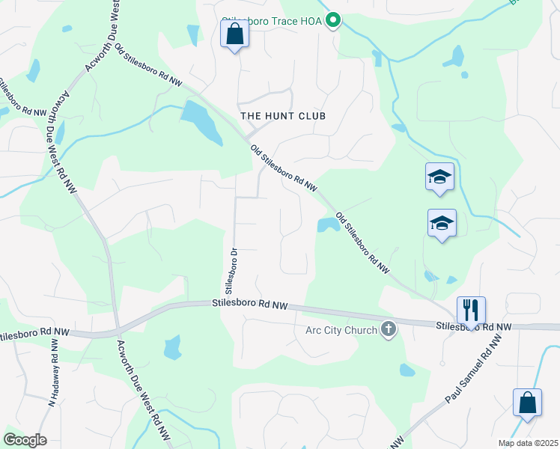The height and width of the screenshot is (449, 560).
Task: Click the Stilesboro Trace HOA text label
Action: (273, 22)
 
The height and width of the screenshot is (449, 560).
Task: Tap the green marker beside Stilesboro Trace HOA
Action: (335, 21)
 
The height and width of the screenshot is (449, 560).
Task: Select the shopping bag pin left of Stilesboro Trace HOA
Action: (235, 34)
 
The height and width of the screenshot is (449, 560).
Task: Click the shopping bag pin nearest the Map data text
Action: (528, 403)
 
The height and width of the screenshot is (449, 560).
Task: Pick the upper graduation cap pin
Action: (440, 177)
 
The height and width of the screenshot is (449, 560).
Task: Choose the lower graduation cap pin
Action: (442, 223)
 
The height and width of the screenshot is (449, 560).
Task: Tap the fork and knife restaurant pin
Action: (471, 310)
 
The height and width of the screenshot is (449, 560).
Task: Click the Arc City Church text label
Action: (341, 330)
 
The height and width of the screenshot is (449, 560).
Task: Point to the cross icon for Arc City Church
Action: (388, 329)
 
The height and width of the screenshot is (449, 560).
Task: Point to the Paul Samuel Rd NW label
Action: (472, 373)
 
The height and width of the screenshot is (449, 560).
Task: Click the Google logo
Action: (25, 440)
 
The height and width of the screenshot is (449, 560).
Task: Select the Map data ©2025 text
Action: (527, 443)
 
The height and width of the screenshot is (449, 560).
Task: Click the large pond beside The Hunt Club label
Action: (200, 120)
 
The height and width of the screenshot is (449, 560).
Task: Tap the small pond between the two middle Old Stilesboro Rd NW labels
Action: (327, 224)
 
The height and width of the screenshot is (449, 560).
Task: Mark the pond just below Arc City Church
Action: (407, 370)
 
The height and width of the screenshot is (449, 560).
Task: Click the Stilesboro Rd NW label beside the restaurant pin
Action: (475, 326)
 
